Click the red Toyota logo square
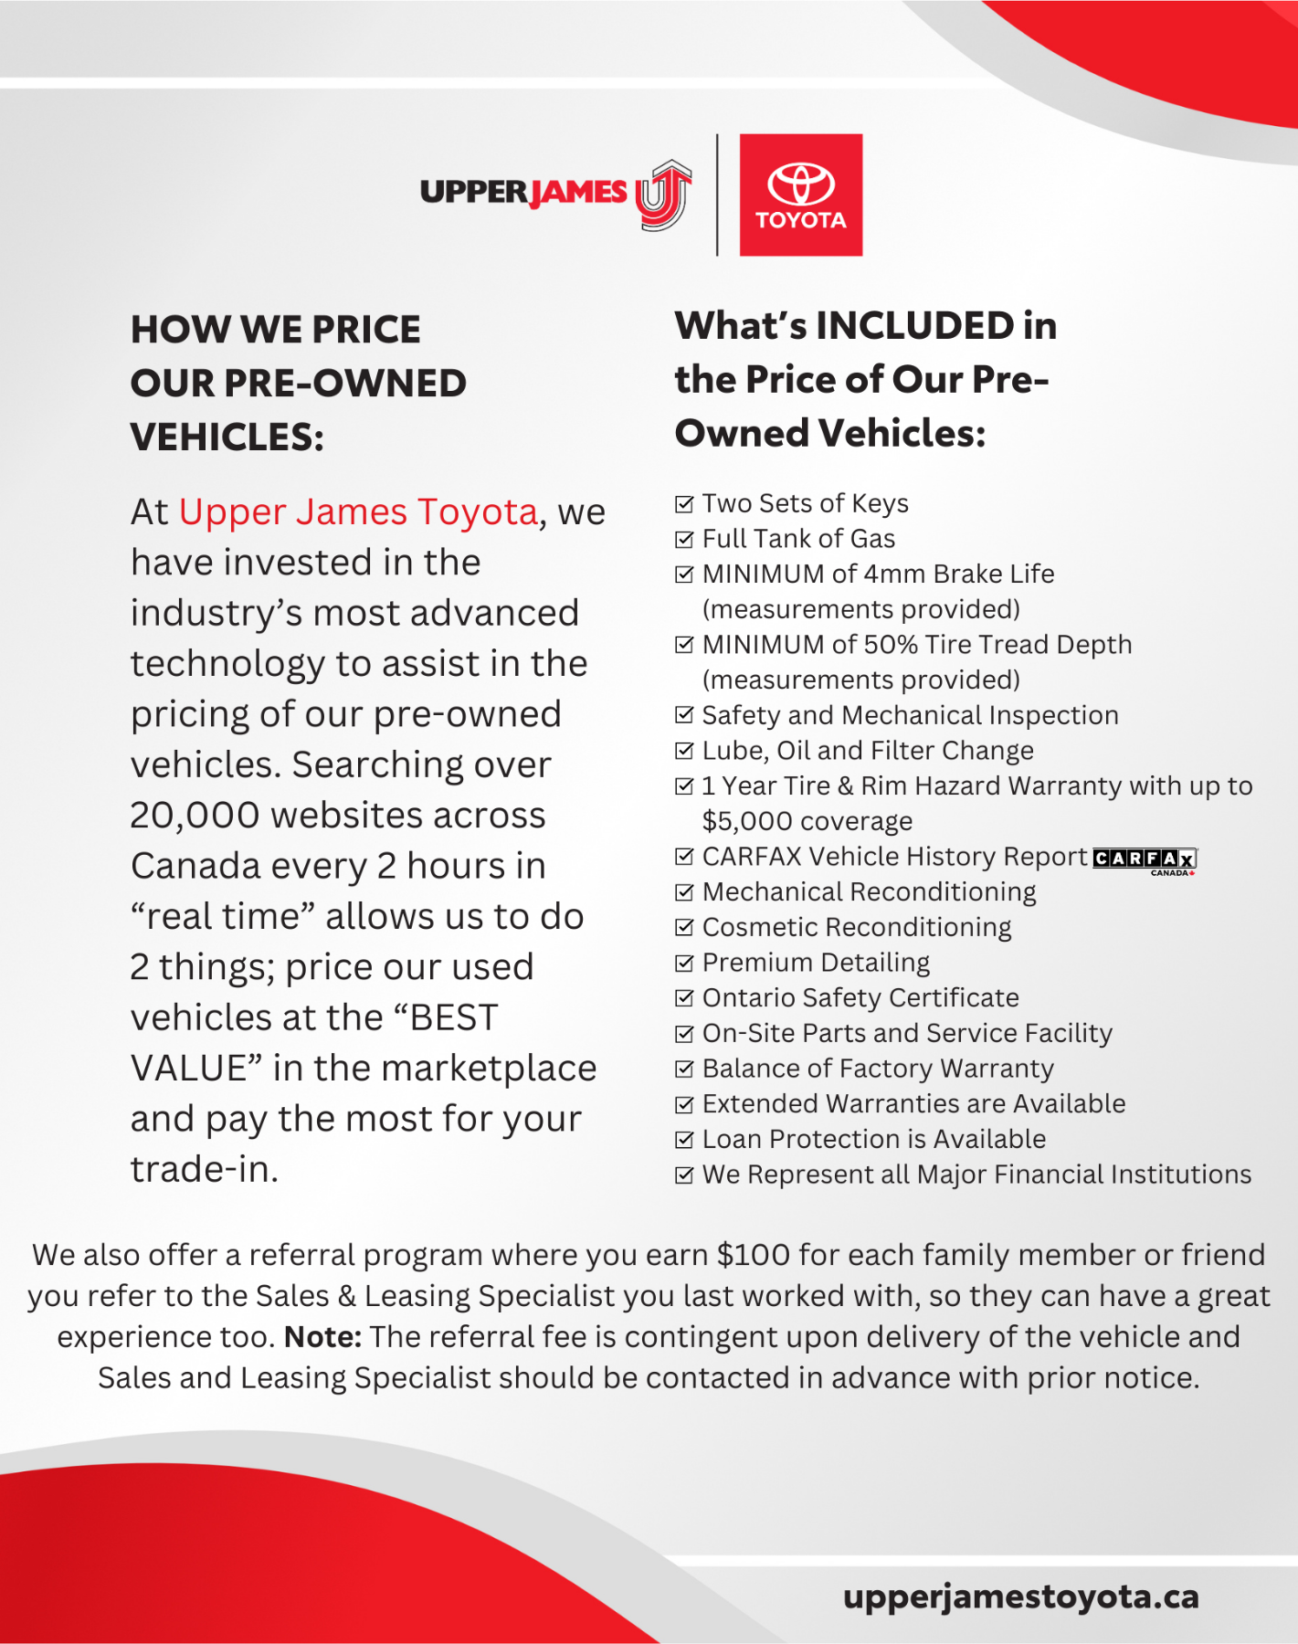pyautogui.click(x=800, y=195)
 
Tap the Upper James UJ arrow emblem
pyautogui.click(x=664, y=195)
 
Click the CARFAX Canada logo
pyautogui.click(x=1145, y=859)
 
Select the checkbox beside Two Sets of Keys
pyautogui.click(x=684, y=504)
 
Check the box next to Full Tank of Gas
pyautogui.click(x=684, y=540)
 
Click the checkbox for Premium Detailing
pyautogui.click(x=684, y=964)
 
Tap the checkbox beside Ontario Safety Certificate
pyautogui.click(x=684, y=998)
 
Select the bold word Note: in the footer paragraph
pyautogui.click(x=322, y=1337)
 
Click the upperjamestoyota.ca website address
pyautogui.click(x=1020, y=1597)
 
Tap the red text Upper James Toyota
pyautogui.click(x=358, y=512)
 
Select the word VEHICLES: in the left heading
pyautogui.click(x=227, y=437)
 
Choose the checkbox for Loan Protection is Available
pyautogui.click(x=684, y=1140)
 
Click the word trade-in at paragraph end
pyautogui.click(x=203, y=1170)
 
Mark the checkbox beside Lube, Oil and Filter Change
pyautogui.click(x=684, y=752)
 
